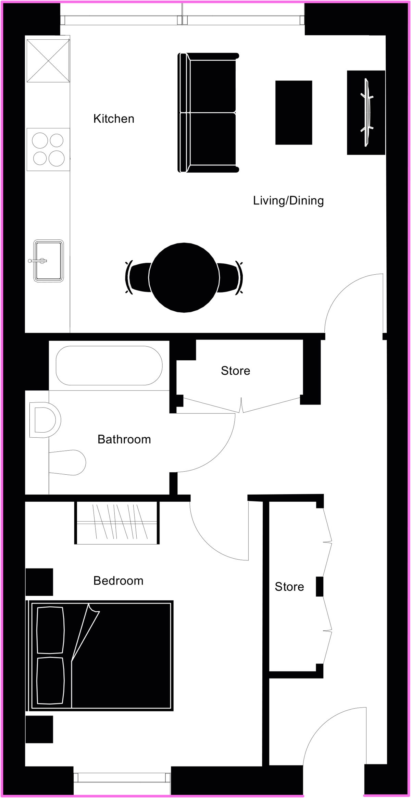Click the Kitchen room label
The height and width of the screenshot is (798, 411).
(x=114, y=119)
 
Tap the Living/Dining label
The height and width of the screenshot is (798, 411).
(x=288, y=201)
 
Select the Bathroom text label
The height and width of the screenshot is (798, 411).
(x=124, y=439)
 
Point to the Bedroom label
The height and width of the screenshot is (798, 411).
(x=118, y=581)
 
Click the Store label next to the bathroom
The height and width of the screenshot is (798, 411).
(x=236, y=371)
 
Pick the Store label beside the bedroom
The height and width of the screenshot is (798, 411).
(x=289, y=587)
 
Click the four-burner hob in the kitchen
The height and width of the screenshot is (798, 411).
(x=48, y=149)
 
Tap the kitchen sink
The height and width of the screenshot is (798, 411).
(x=48, y=261)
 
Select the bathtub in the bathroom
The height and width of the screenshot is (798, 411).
(x=109, y=365)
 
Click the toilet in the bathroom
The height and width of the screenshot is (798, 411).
(x=67, y=462)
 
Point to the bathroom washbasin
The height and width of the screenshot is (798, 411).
(x=45, y=420)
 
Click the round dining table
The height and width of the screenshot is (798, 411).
(x=184, y=277)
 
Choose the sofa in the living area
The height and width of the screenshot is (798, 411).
(x=208, y=112)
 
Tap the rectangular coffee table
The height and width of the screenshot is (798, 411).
(x=294, y=113)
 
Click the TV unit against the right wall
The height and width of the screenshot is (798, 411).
(x=366, y=113)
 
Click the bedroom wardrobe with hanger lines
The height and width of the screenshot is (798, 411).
(x=117, y=523)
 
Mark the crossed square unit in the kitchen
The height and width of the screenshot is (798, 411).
(x=48, y=61)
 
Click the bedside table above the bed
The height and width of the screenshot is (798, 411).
(x=39, y=582)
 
